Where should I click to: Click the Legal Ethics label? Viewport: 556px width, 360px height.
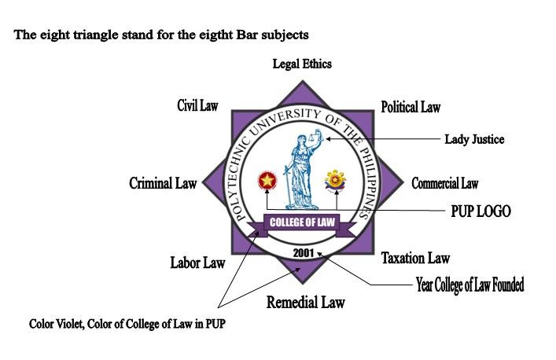coord(302,64)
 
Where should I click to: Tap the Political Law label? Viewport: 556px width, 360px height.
coord(411,107)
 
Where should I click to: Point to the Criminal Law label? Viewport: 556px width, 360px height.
coord(163,183)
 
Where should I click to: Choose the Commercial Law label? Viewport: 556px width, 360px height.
coord(444,184)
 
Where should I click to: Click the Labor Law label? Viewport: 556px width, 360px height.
coord(197,263)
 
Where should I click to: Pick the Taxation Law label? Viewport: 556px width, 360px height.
coord(415,258)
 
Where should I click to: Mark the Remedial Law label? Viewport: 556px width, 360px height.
coord(305,302)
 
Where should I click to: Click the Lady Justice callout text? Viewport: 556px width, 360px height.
coord(474,140)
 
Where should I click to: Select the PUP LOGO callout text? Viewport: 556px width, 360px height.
coord(481,211)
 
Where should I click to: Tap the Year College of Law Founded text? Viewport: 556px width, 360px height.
coord(469,285)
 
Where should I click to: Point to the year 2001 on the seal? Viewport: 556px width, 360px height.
coord(304,253)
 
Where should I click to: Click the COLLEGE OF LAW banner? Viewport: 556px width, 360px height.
coord(302,222)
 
